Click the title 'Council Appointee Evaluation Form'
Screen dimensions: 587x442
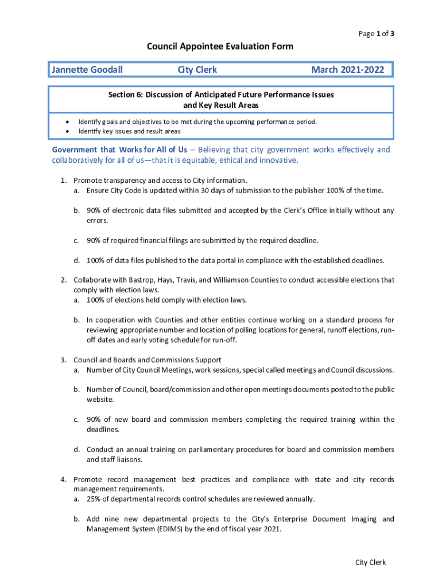coord(220,46)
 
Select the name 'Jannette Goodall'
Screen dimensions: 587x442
coord(87,70)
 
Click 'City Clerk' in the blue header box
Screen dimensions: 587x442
coord(197,70)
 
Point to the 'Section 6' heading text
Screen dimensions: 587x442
coord(221,94)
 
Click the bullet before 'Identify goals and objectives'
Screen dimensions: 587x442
coord(68,122)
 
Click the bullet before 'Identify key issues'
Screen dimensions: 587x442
coord(68,131)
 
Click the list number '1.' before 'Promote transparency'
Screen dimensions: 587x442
coord(64,180)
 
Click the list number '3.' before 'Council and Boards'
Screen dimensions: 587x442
coord(64,360)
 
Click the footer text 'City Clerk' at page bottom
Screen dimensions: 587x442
coord(370,562)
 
